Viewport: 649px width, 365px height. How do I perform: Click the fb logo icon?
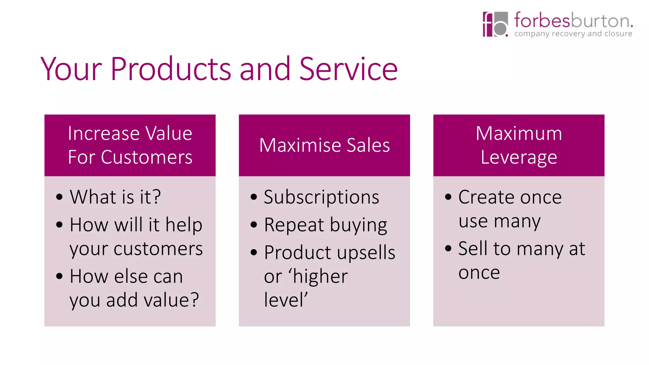pyautogui.click(x=495, y=24)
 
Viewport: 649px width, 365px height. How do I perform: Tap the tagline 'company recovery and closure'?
pyautogui.click(x=573, y=34)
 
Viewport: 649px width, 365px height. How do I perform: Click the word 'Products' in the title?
pyautogui.click(x=170, y=69)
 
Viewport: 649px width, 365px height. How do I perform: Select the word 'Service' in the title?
pyautogui.click(x=348, y=69)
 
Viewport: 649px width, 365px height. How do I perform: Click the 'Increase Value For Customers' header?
pyautogui.click(x=130, y=145)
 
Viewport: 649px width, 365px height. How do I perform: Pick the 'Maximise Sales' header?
pyautogui.click(x=324, y=145)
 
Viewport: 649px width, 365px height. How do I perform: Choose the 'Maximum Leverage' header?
pyautogui.click(x=519, y=145)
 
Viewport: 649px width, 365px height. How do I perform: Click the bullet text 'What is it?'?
pyautogui.click(x=115, y=197)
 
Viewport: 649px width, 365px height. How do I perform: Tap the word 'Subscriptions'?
pyautogui.click(x=321, y=197)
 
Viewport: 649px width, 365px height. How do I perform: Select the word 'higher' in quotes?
pyautogui.click(x=320, y=276)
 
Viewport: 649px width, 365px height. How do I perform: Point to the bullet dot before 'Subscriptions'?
pyautogui.click(x=254, y=197)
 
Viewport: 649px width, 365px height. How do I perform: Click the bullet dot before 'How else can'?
pyautogui.click(x=59, y=276)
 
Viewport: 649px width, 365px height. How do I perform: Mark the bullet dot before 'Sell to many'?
pyautogui.click(x=448, y=248)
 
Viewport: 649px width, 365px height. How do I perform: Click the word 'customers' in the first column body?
pyautogui.click(x=158, y=249)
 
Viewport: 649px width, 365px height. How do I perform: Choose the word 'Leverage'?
pyautogui.click(x=519, y=157)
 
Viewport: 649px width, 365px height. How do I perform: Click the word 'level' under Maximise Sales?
pyautogui.click(x=284, y=300)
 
